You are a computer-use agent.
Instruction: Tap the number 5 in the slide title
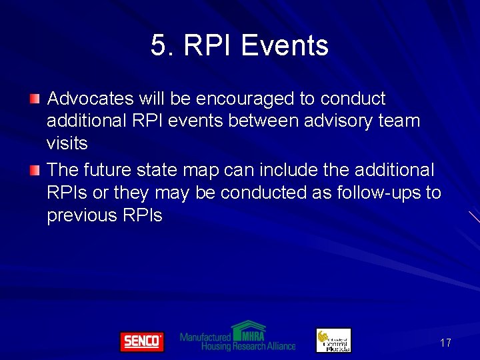point(158,46)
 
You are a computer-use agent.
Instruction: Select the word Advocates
point(91,99)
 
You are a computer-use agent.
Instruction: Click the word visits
point(67,143)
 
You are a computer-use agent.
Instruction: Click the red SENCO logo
point(141,341)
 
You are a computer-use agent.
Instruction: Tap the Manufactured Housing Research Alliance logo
point(238,337)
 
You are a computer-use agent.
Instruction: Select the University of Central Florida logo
point(333,340)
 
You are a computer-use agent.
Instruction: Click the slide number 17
point(445,343)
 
